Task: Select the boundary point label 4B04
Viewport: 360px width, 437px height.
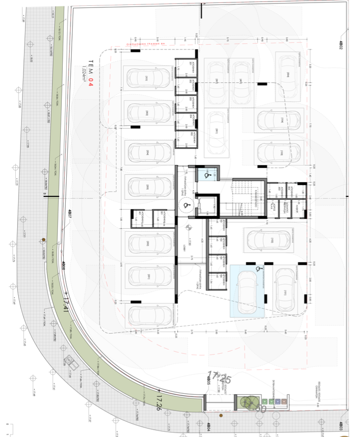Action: pos(208,425)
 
